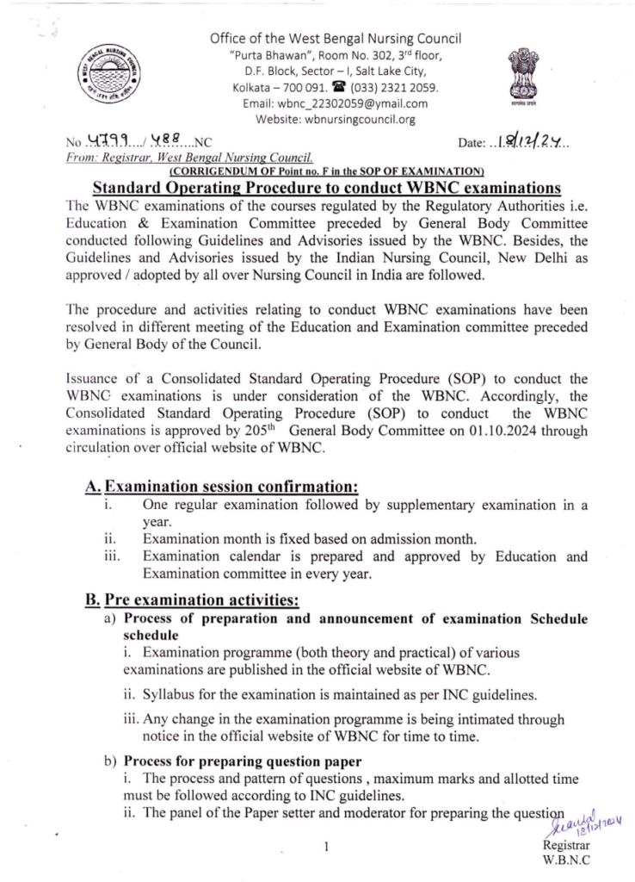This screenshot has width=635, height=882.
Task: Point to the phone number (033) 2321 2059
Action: point(398,88)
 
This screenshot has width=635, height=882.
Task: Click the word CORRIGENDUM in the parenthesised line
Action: point(213,170)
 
